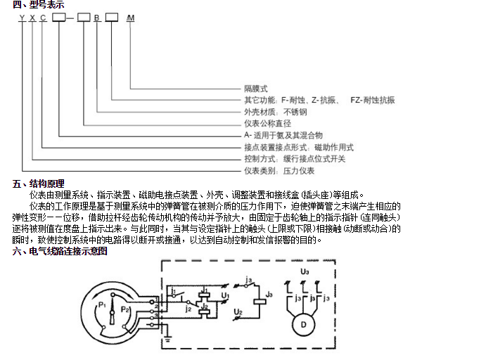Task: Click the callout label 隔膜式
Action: click(x=256, y=89)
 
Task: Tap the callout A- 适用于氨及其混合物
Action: click(x=283, y=134)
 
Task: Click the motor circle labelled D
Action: click(x=303, y=324)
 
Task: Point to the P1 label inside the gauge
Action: click(x=103, y=304)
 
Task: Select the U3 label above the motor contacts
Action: click(x=304, y=271)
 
